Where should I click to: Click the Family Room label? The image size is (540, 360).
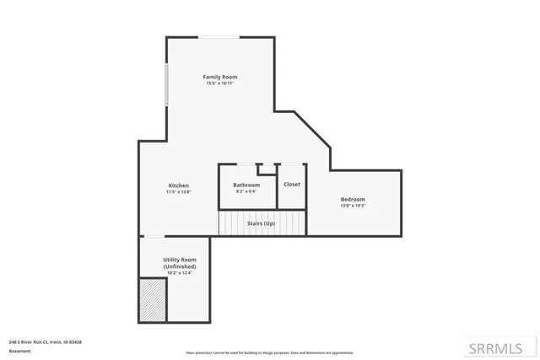pyautogui.click(x=219, y=77)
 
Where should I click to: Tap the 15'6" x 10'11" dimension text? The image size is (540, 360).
pyautogui.click(x=219, y=83)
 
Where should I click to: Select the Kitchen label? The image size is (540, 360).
pyautogui.click(x=178, y=185)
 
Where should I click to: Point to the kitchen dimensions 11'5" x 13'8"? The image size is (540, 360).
pyautogui.click(x=178, y=192)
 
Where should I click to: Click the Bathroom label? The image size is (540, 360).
pyautogui.click(x=246, y=185)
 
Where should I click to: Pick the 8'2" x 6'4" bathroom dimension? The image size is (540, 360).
pyautogui.click(x=246, y=191)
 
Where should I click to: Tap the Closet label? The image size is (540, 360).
pyautogui.click(x=291, y=184)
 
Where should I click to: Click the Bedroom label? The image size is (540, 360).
pyautogui.click(x=353, y=199)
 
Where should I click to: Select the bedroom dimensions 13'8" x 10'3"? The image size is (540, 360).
pyautogui.click(x=353, y=206)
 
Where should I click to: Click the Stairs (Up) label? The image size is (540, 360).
pyautogui.click(x=260, y=223)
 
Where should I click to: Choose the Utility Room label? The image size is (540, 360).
pyautogui.click(x=180, y=260)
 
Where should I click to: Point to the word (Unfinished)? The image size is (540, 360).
pyautogui.click(x=180, y=266)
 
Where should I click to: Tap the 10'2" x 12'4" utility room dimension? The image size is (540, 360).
pyautogui.click(x=180, y=273)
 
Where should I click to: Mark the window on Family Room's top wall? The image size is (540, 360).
pyautogui.click(x=218, y=37)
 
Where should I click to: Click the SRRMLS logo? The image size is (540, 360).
pyautogui.click(x=495, y=348)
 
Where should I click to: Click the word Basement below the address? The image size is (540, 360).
pyautogui.click(x=19, y=351)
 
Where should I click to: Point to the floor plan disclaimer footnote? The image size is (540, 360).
pyautogui.click(x=269, y=352)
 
